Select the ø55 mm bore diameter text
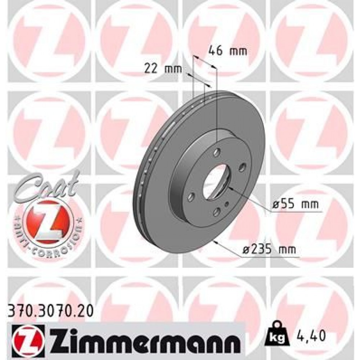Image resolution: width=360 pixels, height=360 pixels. (296, 204)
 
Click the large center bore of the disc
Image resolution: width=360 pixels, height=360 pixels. (215, 181)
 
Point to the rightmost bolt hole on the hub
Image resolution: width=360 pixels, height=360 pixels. (242, 167)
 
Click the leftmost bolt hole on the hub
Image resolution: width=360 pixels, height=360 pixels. (191, 197)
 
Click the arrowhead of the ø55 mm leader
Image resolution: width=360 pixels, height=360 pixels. (230, 188)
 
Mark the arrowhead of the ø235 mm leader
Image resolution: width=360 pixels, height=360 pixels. (215, 242)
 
